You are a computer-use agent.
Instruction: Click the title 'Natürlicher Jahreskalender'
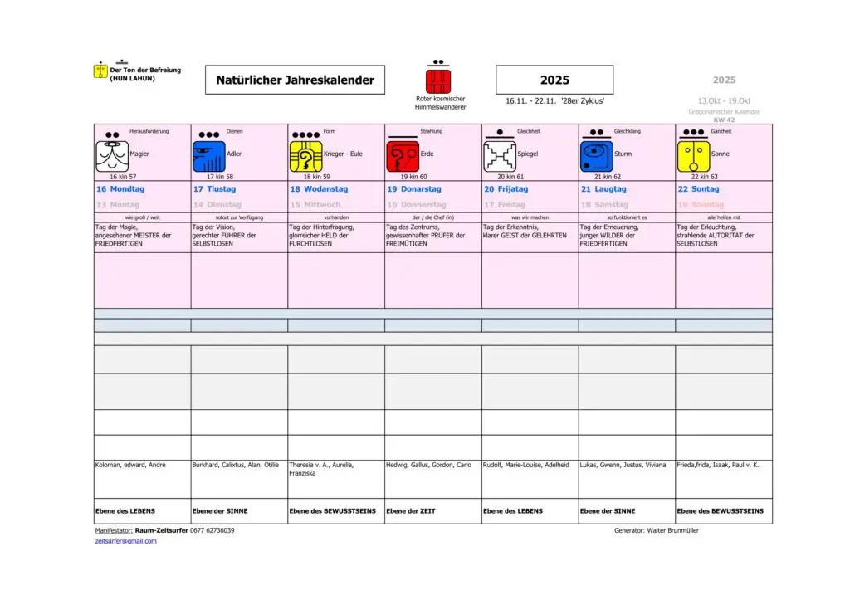pos(295,80)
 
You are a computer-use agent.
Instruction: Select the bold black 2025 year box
pos(554,80)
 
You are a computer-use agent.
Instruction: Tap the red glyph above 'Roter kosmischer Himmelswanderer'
pos(438,81)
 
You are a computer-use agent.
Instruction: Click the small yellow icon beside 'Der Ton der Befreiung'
pos(100,71)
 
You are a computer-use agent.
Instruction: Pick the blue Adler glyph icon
pos(208,156)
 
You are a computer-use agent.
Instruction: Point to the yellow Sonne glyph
pos(694,156)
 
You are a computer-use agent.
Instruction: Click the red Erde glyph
pos(403,156)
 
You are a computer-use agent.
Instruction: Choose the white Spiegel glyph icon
pos(500,156)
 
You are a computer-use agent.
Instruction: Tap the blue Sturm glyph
pos(597,156)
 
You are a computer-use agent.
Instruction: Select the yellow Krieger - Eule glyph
pos(305,156)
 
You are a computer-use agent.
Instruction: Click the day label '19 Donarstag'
pos(414,189)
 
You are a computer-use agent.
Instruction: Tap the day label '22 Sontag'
pos(698,189)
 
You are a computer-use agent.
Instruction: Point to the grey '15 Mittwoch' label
pos(315,205)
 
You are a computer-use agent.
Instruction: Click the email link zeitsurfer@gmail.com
pos(125,541)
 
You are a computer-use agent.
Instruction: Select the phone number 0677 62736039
pos(212,530)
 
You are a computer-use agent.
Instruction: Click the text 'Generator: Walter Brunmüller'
pos(656,530)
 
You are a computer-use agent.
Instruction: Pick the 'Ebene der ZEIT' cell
pos(411,511)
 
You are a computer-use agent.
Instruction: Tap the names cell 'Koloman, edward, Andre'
pos(130,465)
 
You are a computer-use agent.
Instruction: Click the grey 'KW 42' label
pos(724,120)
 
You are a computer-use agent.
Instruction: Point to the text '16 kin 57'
pos(123,177)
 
